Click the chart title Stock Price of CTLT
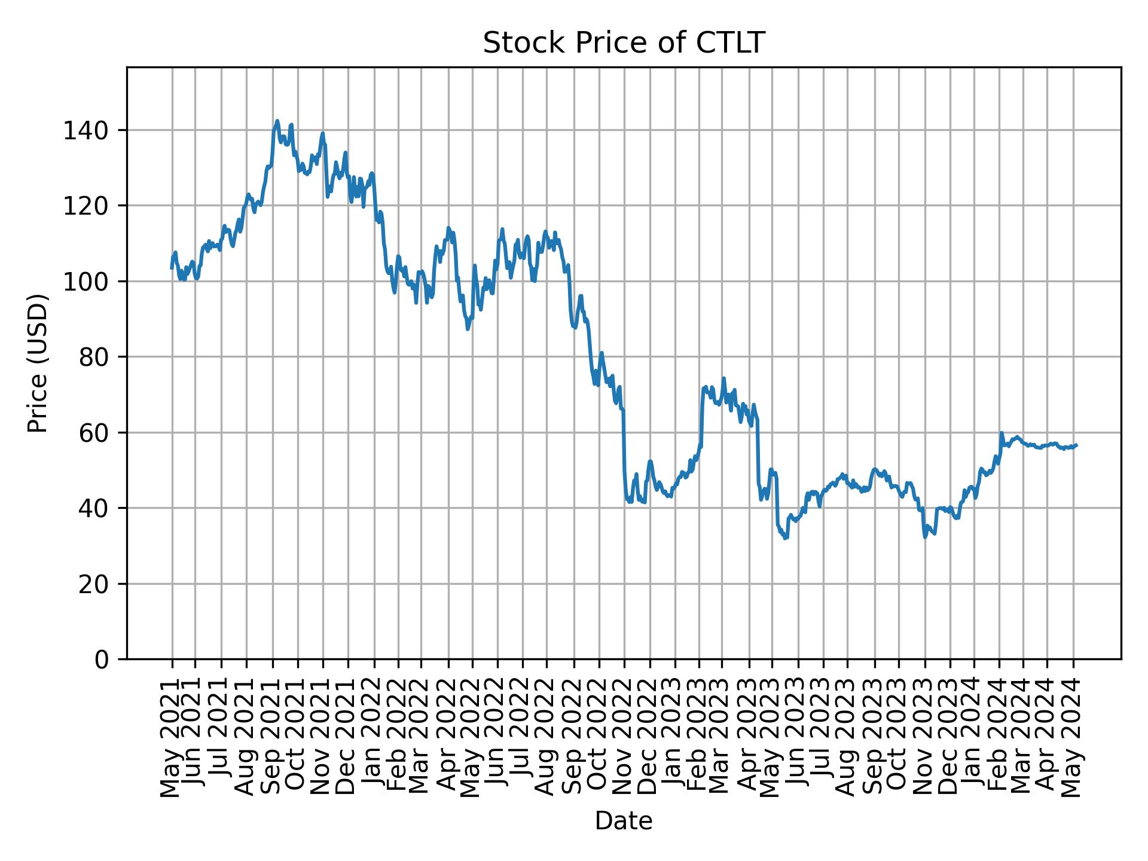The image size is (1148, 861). (624, 44)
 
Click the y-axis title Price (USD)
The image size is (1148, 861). (38, 363)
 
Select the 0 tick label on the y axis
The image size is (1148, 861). (102, 660)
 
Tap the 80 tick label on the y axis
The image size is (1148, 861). (94, 357)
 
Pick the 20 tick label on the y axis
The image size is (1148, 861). (94, 584)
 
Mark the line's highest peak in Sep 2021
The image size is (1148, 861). (277, 121)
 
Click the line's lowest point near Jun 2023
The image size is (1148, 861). (786, 538)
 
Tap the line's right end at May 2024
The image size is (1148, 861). (1076, 445)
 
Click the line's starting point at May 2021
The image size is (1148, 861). (172, 268)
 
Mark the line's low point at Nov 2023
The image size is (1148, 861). (925, 537)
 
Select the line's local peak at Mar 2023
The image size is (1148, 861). (723, 378)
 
